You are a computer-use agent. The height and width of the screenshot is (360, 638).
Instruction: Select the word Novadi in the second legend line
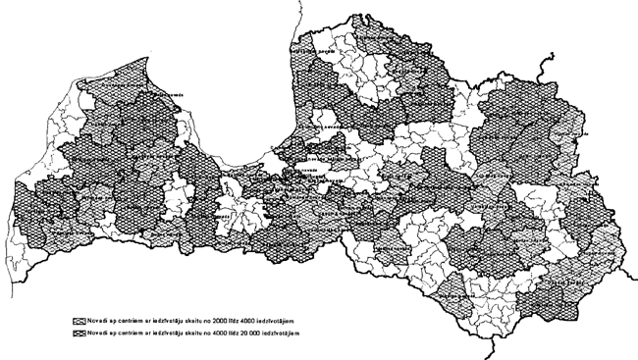95,334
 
